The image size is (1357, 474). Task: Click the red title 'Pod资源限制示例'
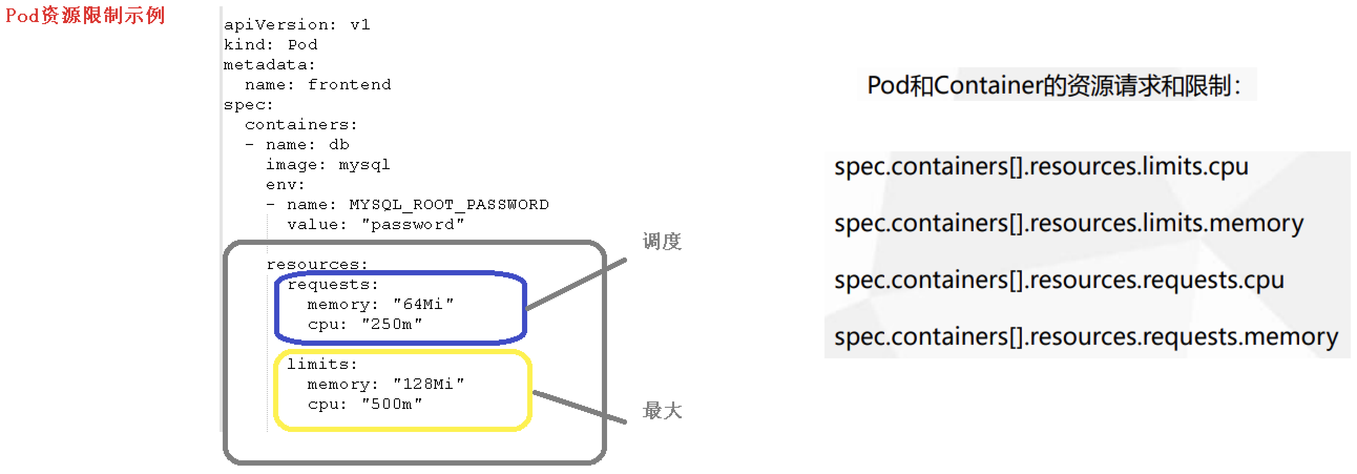tap(85, 15)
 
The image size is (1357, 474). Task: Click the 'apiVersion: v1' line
tap(297, 25)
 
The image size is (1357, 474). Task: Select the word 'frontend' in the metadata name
tap(349, 85)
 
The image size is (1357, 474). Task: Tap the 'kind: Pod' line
tap(270, 45)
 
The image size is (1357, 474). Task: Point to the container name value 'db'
tap(339, 145)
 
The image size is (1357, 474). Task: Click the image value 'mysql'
tap(364, 164)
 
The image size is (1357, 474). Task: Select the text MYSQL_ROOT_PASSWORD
tap(449, 204)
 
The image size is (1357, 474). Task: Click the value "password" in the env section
tap(412, 224)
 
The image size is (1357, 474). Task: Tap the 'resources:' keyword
tap(317, 264)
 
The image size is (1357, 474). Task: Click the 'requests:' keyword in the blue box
tap(332, 285)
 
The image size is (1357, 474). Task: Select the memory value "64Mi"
tap(423, 304)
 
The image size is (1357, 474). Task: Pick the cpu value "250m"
tap(391, 324)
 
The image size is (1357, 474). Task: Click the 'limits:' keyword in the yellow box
tap(322, 364)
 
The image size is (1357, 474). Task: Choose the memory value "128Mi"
tap(429, 384)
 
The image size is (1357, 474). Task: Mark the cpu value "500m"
tap(391, 405)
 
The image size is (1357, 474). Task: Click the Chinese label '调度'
tap(662, 242)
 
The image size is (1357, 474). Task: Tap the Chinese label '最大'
tap(662, 410)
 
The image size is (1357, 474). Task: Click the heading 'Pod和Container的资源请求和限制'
tap(1053, 86)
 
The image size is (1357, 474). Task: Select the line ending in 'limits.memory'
tap(1068, 223)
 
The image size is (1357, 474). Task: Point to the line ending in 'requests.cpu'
tap(1059, 280)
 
